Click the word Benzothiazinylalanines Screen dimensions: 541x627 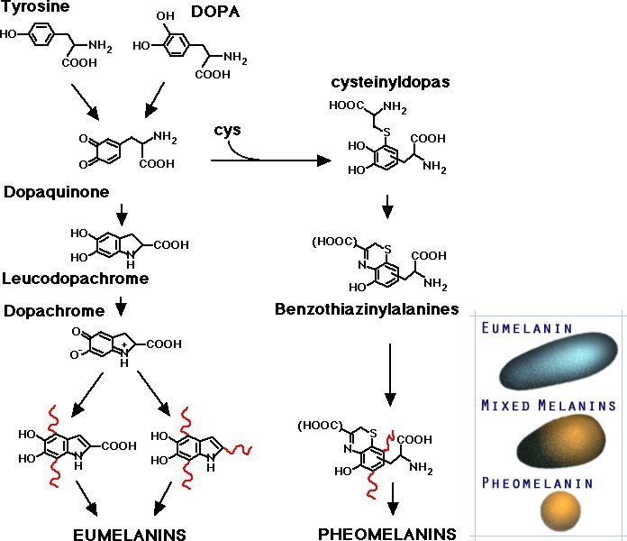point(367,309)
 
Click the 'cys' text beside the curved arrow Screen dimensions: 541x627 point(226,131)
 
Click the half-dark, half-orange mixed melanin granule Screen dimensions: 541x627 point(549,445)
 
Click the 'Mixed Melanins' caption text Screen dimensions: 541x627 point(548,406)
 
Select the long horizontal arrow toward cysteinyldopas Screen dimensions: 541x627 point(270,162)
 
